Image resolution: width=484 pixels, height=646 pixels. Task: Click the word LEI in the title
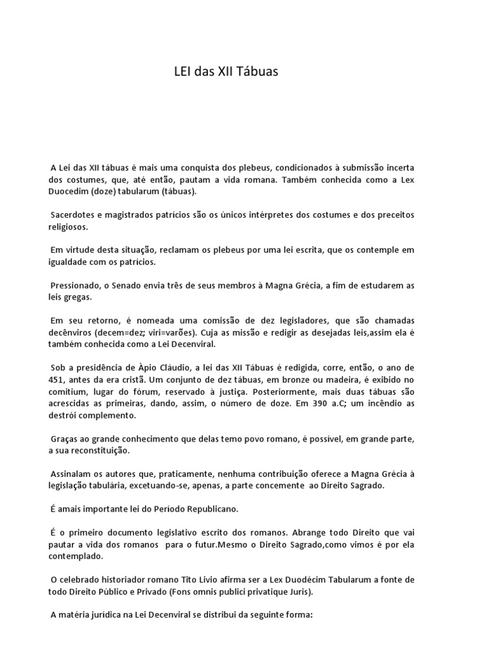tap(182, 73)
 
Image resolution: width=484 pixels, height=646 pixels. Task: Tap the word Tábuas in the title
tap(258, 73)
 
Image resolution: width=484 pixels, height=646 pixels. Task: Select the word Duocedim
tap(67, 191)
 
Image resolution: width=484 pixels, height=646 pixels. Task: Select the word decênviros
tap(72, 332)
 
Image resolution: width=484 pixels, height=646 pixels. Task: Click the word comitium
tap(67, 391)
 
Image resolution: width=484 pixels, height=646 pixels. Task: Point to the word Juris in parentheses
tap(299, 591)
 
